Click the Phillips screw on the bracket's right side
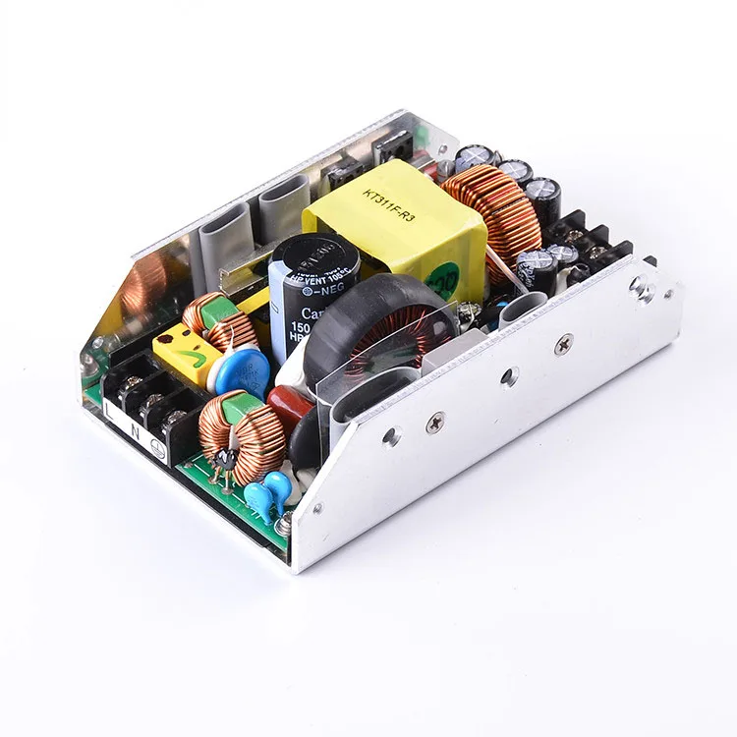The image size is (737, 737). [563, 343]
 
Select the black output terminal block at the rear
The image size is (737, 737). [590, 246]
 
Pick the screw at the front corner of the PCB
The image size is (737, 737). [283, 528]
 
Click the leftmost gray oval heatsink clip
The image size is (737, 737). [225, 233]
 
